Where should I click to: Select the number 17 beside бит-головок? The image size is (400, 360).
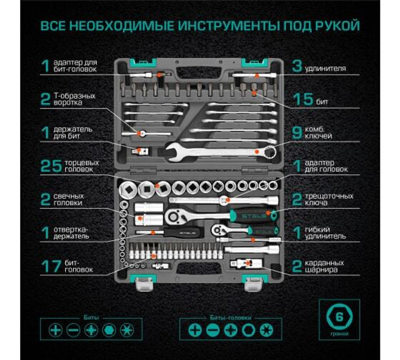point(51,266)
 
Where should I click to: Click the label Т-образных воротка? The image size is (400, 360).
point(74,100)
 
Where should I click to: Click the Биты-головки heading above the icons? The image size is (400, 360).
point(230,318)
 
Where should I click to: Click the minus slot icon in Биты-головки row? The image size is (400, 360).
point(212,330)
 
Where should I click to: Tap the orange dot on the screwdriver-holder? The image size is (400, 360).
point(152,232)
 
